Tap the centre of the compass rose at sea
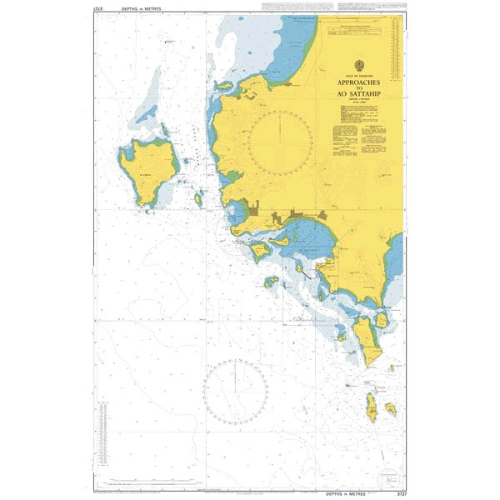235,389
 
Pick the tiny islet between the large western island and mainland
199,199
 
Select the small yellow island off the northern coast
225,86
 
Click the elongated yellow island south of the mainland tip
364,333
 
